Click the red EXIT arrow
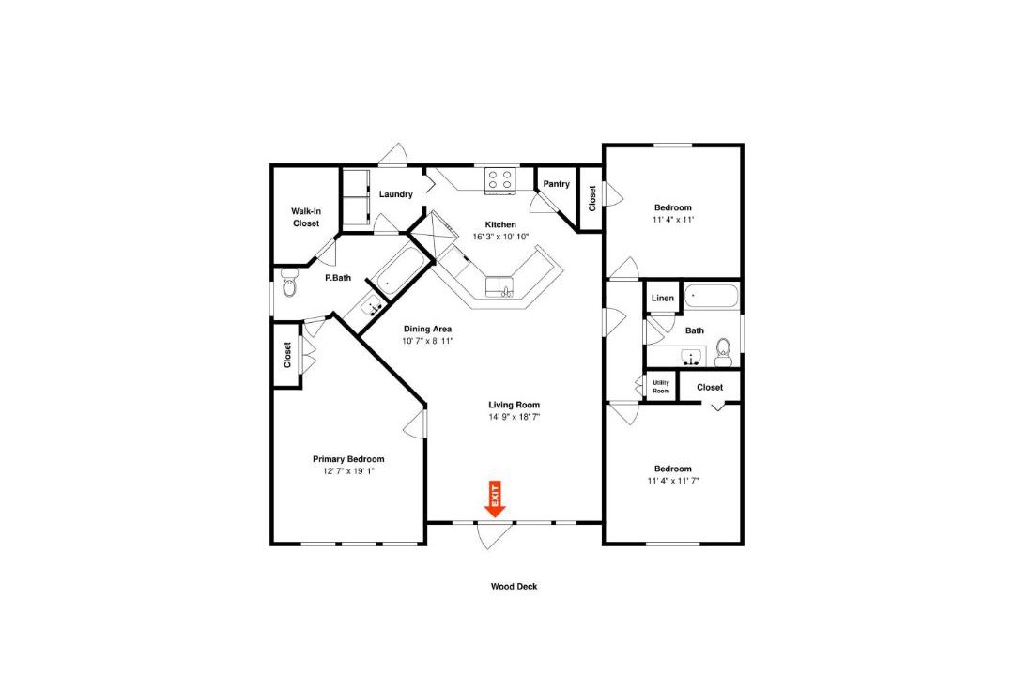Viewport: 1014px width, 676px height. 495,499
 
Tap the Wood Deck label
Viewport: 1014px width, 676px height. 515,587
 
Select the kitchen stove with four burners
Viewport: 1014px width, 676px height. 500,180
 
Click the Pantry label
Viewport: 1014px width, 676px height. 556,184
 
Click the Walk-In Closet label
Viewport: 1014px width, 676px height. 306,218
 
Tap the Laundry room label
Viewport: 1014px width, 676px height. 396,194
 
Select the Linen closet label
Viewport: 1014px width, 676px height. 662,299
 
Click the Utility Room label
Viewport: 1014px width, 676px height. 661,387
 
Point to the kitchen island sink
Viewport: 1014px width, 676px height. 499,285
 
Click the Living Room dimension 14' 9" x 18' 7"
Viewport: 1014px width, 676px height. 515,417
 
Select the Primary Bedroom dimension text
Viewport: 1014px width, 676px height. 348,471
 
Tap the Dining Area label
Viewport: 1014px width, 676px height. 427,329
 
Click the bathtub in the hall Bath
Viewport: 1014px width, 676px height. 712,297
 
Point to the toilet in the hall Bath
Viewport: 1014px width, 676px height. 723,352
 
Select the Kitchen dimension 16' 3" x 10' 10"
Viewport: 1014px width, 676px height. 501,237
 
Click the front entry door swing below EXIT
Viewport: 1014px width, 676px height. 494,536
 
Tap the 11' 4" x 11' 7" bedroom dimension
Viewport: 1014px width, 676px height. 673,481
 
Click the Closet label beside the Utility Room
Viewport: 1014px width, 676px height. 710,387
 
